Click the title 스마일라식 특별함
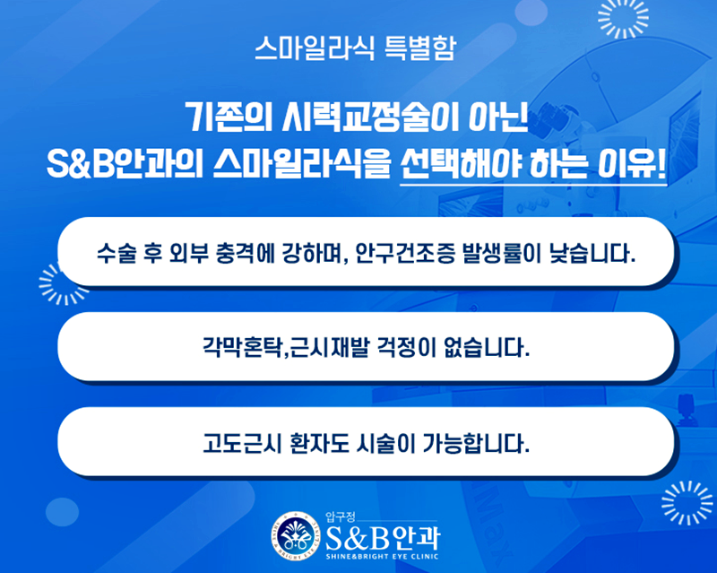355,48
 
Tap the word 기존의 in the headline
229,117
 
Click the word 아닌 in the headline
498,117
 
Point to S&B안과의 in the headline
125,164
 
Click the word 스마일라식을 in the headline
303,164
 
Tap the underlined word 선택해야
461,164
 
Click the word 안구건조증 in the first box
404,253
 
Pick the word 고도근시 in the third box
241,443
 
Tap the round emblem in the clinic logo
295,536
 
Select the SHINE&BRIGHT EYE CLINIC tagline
383,557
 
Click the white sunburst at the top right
623,17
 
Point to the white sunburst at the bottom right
687,503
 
